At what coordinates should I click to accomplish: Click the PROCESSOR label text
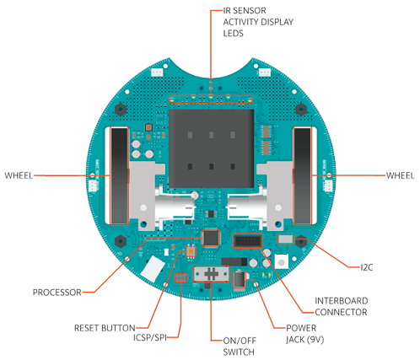point(57,293)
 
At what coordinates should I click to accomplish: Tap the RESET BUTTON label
point(105,328)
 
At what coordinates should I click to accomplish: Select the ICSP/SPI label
point(150,337)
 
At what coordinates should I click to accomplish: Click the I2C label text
point(367,267)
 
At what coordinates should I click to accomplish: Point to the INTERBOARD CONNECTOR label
point(342,306)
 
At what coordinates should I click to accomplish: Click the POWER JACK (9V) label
point(305,334)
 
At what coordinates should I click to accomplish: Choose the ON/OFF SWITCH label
point(240,347)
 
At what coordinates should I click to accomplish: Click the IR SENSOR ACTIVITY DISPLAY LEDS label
point(258,22)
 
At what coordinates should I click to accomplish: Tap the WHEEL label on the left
point(19,175)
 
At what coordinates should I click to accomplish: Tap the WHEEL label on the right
point(401,175)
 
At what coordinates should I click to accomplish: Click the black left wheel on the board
point(119,176)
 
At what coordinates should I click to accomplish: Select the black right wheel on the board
point(302,176)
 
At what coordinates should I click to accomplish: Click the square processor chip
point(211,238)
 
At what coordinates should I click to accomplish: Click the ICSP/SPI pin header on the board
point(180,278)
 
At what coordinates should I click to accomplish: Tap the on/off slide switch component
point(211,274)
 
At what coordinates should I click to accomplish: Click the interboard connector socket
point(247,241)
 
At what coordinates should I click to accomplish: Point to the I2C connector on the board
point(286,239)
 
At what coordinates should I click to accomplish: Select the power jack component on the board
point(240,279)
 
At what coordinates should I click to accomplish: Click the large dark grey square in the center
point(212,148)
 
